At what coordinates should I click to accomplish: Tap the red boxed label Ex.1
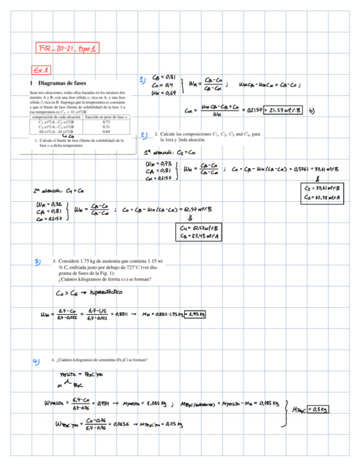pyautogui.click(x=41, y=70)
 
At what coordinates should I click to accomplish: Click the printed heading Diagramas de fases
pyautogui.click(x=65, y=82)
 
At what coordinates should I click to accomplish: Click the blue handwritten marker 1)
pyautogui.click(x=142, y=81)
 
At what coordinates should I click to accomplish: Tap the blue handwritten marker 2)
pyautogui.click(x=144, y=135)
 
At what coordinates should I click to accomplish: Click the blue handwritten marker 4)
pyautogui.click(x=37, y=361)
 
